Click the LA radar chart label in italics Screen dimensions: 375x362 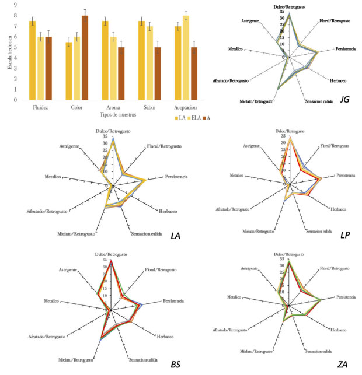[176, 236]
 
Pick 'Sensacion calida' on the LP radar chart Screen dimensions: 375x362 [318, 225]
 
